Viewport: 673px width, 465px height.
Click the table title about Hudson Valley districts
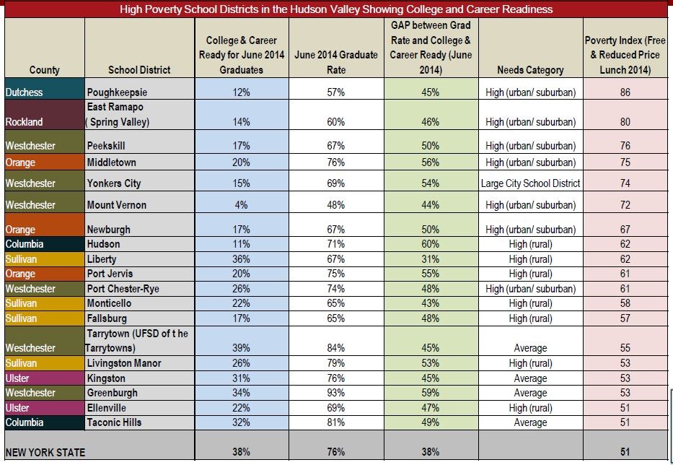click(336, 9)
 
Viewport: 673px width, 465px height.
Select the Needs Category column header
click(530, 70)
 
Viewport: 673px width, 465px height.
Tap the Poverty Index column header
click(625, 55)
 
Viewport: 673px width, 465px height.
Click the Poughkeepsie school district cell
click(117, 92)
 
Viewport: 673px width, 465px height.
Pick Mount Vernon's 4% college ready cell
click(241, 205)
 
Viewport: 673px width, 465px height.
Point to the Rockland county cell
click(24, 122)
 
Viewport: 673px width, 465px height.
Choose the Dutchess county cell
click(24, 92)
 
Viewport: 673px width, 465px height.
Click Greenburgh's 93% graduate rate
click(336, 393)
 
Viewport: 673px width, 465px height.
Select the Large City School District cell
click(530, 183)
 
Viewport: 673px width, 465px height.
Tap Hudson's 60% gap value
click(431, 244)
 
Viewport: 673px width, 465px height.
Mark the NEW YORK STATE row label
click(45, 452)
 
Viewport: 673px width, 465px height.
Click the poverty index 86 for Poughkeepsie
click(625, 92)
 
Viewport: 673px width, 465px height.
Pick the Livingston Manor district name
click(123, 363)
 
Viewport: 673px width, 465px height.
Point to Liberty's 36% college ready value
click(241, 259)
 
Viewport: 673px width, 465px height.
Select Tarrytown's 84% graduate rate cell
click(336, 348)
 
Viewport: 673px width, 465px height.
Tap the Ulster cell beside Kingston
click(19, 378)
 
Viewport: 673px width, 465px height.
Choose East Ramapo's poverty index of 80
click(625, 122)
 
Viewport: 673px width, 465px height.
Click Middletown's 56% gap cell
click(431, 162)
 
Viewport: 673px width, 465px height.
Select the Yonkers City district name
click(113, 183)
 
